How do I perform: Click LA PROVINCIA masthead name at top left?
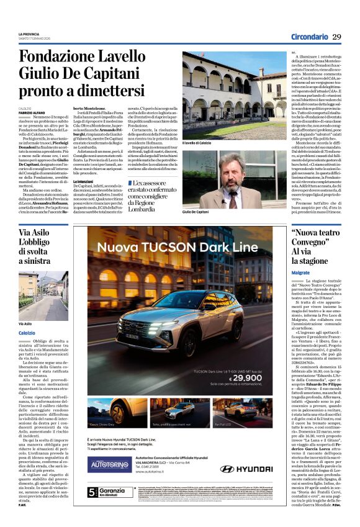(x=29, y=34)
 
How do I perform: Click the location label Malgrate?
(x=300, y=273)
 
